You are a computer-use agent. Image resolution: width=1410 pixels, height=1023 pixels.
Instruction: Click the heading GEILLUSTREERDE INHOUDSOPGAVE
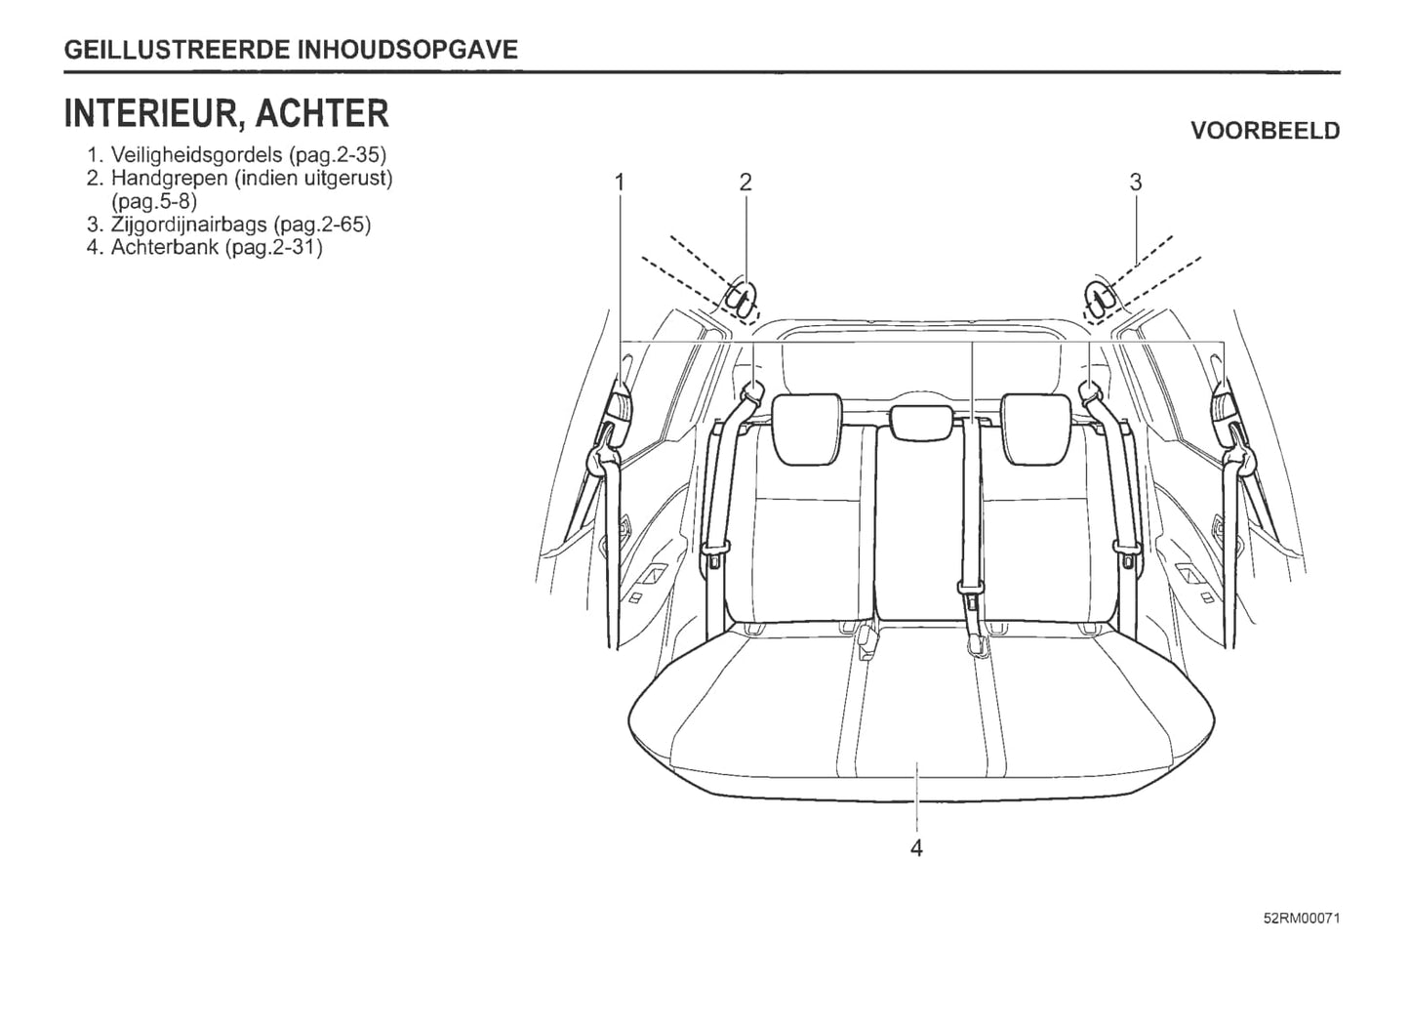click(291, 50)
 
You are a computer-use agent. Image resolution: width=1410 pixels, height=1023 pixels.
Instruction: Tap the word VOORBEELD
click(1266, 131)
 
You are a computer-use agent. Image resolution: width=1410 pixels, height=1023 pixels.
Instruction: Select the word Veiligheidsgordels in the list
click(197, 155)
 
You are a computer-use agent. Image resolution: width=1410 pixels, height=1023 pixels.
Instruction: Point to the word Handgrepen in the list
click(170, 179)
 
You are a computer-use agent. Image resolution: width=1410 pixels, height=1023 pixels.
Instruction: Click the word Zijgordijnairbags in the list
click(189, 225)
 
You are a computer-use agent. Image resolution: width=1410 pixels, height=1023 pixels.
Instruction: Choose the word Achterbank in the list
click(165, 247)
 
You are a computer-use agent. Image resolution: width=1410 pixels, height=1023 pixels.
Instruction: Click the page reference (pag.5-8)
click(154, 201)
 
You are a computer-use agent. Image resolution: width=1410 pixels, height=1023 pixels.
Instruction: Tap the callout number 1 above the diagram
click(620, 183)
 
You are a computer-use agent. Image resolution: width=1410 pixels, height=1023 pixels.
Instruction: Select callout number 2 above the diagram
click(745, 183)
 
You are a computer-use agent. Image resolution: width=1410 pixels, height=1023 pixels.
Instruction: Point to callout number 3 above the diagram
click(1136, 183)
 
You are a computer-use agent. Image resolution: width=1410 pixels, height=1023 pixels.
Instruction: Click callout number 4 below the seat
click(916, 848)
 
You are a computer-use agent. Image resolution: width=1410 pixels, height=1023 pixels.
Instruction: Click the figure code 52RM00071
click(1302, 919)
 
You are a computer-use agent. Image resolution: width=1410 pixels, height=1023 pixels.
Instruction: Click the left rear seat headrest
click(806, 429)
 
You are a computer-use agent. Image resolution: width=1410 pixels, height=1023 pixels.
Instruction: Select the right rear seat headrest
click(1035, 429)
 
